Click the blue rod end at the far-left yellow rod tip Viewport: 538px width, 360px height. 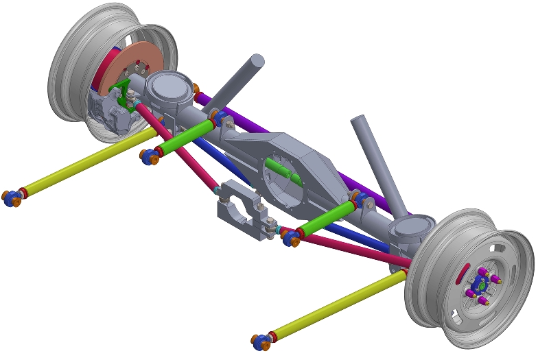click(x=12, y=199)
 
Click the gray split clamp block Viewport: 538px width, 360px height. click(x=240, y=209)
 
